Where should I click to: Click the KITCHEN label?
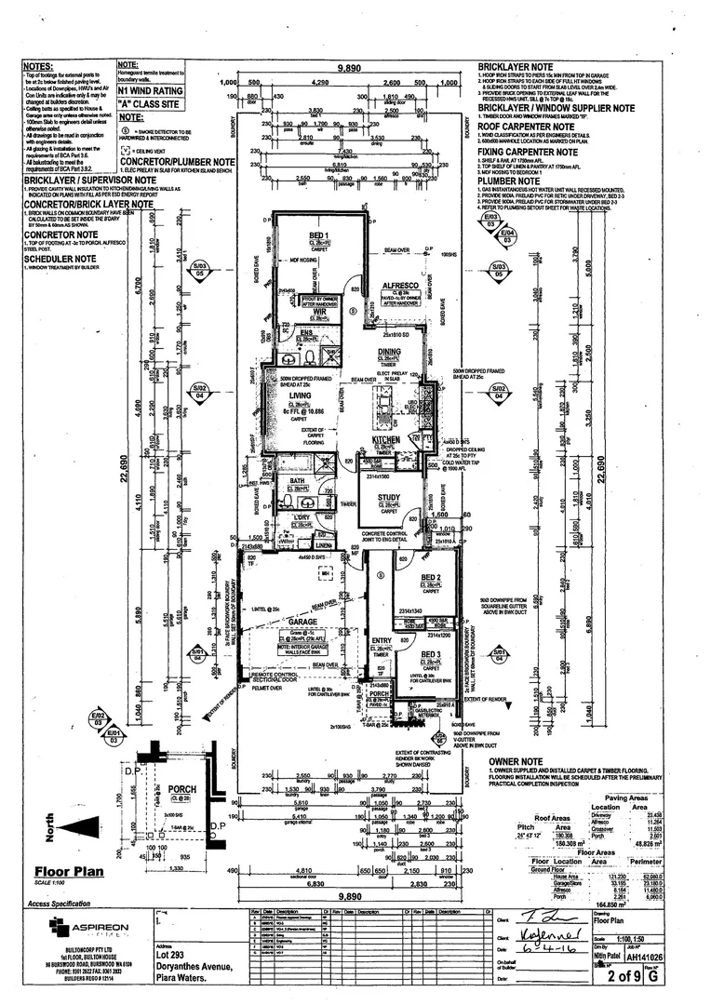(x=386, y=438)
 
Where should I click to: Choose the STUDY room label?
(x=389, y=498)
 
